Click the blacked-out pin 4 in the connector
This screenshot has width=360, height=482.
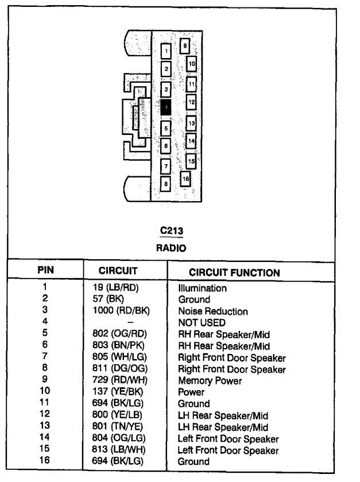(166, 107)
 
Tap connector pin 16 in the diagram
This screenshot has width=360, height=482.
(185, 179)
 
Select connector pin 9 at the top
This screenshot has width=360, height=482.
(185, 45)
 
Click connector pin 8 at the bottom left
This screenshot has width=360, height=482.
(166, 184)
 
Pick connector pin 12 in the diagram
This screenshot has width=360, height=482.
(192, 102)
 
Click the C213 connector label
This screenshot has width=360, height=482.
(172, 231)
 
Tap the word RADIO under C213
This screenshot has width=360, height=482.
(172, 248)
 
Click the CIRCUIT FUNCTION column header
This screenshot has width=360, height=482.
(234, 272)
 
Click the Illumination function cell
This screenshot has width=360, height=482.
(203, 288)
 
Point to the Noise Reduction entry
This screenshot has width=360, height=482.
(213, 311)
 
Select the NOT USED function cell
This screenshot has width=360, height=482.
(202, 323)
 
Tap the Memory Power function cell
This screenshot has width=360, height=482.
(210, 380)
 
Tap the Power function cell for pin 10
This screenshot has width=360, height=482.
(191, 392)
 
